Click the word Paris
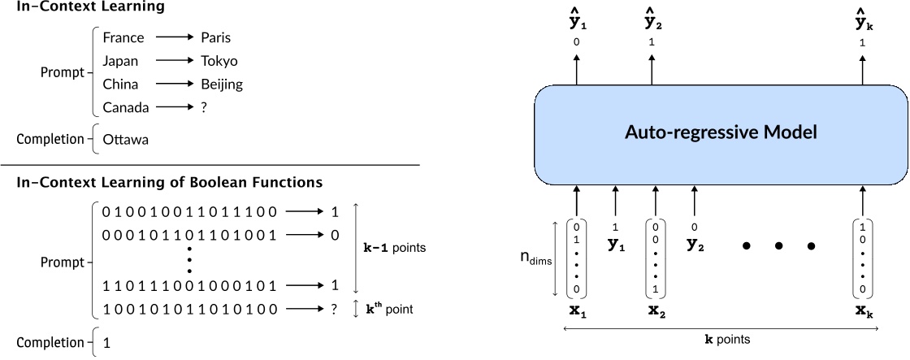(x=216, y=37)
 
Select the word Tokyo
(x=219, y=61)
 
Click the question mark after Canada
(x=203, y=107)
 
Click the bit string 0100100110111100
(x=189, y=212)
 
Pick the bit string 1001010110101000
(x=189, y=309)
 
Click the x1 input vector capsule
(x=577, y=258)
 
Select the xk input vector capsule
(x=862, y=258)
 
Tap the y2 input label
(x=694, y=244)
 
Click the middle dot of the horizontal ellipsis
(x=778, y=245)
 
